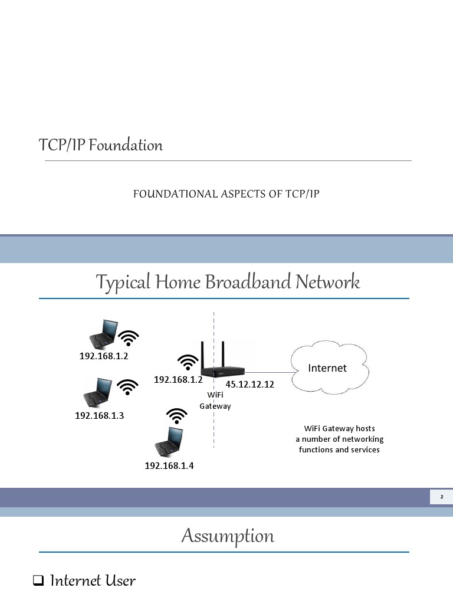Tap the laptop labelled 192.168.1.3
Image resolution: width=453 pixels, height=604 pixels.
pyautogui.click(x=98, y=392)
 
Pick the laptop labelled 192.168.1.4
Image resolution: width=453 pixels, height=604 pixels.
pyautogui.click(x=169, y=440)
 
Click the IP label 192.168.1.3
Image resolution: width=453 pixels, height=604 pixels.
pyautogui.click(x=99, y=415)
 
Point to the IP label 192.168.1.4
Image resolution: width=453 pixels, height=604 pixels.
pyautogui.click(x=169, y=466)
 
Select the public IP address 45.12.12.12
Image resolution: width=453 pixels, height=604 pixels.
pyautogui.click(x=250, y=385)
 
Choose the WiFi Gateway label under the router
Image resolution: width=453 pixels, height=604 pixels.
pyautogui.click(x=215, y=401)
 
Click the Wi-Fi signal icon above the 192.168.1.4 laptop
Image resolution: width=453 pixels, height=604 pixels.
pyautogui.click(x=176, y=416)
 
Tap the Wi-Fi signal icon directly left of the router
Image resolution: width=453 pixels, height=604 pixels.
pyautogui.click(x=188, y=362)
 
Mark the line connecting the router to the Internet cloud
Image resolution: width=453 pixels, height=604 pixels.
pyautogui.click(x=268, y=372)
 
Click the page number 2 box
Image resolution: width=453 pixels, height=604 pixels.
pyautogui.click(x=441, y=497)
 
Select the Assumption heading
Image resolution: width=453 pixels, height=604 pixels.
pyautogui.click(x=228, y=536)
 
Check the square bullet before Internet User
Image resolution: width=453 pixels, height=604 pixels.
pyautogui.click(x=38, y=582)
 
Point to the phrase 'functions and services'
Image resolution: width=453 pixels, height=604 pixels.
pyautogui.click(x=339, y=449)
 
